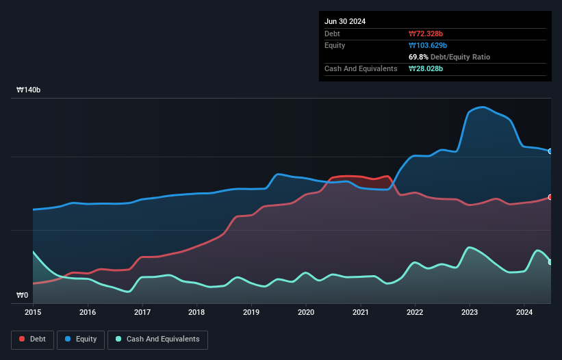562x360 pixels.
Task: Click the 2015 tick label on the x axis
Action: click(33, 312)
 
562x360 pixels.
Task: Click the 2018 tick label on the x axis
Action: click(196, 312)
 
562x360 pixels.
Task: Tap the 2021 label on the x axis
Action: click(361, 312)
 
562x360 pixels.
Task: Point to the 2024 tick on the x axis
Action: click(524, 312)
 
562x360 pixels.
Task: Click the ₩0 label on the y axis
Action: click(23, 296)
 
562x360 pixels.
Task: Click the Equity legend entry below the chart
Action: click(81, 339)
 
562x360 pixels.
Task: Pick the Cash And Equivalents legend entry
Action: click(157, 339)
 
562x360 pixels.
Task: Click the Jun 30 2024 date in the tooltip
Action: click(345, 21)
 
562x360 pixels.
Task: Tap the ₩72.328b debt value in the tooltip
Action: click(427, 34)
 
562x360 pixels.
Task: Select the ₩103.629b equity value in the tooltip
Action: click(428, 45)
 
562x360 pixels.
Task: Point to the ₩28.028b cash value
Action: click(426, 68)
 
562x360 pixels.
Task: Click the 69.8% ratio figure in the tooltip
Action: click(420, 57)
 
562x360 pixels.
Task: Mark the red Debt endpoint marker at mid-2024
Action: click(550, 197)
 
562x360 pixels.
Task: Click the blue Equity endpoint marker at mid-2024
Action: click(550, 151)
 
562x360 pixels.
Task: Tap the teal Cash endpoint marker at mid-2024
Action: click(550, 262)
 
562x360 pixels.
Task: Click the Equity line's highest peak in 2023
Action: click(483, 107)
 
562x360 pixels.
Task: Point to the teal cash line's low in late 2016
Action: click(128, 292)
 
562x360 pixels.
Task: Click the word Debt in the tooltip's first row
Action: click(333, 34)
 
